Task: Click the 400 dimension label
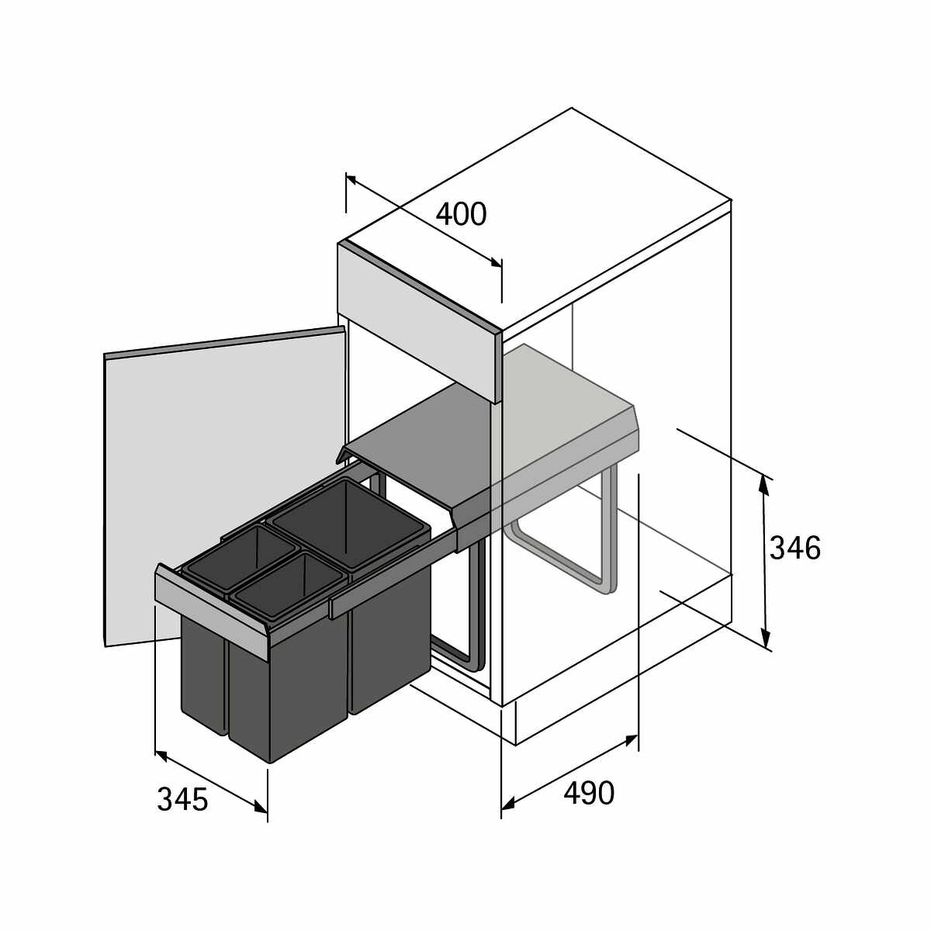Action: pos(461,214)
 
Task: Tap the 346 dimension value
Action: pos(795,549)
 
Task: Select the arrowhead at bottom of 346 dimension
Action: pos(765,637)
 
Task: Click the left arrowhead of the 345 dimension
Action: pos(161,756)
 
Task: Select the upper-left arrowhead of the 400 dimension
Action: pos(352,180)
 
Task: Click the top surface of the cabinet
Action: pos(535,220)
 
